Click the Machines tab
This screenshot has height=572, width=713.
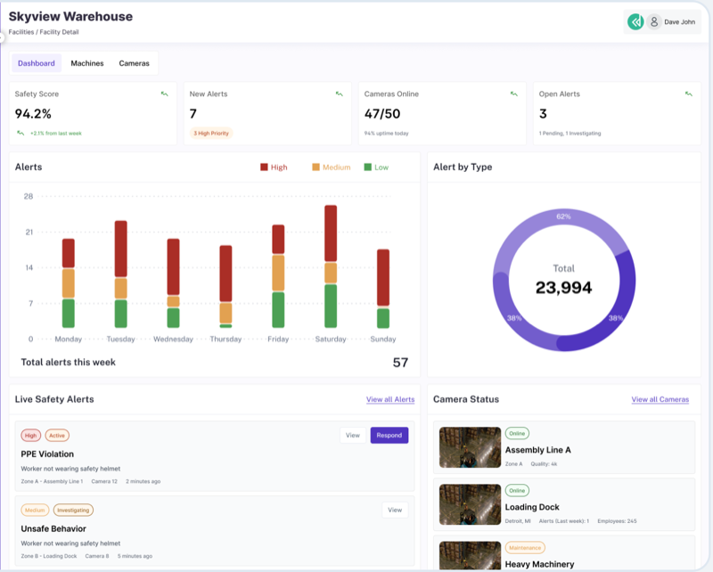[x=87, y=63]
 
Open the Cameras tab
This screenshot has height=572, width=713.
[x=134, y=63]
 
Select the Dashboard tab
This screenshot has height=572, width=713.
[x=37, y=63]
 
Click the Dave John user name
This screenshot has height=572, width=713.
[x=679, y=22]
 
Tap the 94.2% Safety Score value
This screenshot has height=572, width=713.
[x=34, y=113]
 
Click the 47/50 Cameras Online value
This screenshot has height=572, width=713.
[x=384, y=113]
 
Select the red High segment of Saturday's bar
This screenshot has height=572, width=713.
[x=331, y=233]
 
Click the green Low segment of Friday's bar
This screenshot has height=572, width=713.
[x=278, y=310]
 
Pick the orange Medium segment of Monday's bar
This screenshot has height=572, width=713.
[x=69, y=283]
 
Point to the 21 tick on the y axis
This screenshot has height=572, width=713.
[x=29, y=233]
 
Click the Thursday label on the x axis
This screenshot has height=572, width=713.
[x=225, y=339]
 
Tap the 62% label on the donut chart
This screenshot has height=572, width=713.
[x=563, y=217]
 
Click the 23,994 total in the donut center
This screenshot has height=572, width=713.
[x=563, y=288]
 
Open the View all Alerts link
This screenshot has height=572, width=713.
[x=390, y=400]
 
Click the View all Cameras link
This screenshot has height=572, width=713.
[x=660, y=400]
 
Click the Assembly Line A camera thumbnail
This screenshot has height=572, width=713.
[x=470, y=447]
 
